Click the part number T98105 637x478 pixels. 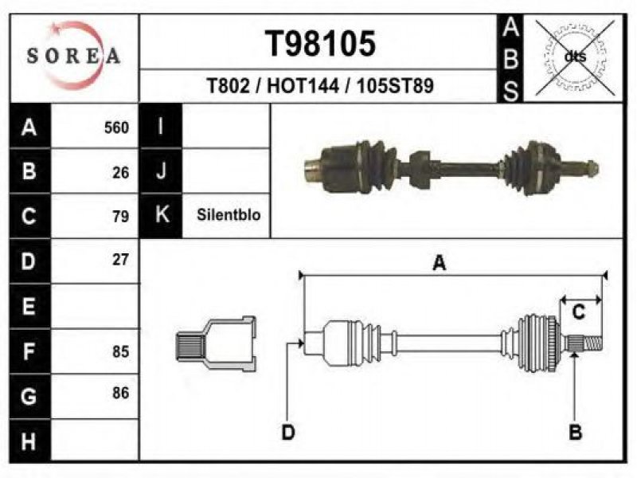pyautogui.click(x=320, y=44)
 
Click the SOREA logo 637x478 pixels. pyautogui.click(x=73, y=56)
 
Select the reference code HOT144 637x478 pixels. pyautogui.click(x=303, y=86)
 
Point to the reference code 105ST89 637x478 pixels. pyautogui.click(x=395, y=86)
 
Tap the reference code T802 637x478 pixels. pyautogui.click(x=228, y=86)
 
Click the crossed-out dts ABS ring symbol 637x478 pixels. pyautogui.click(x=575, y=57)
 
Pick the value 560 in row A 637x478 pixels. pyautogui.click(x=116, y=127)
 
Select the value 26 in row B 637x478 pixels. pyautogui.click(x=121, y=173)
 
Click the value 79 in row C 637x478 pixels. pyautogui.click(x=121, y=216)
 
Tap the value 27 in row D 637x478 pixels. pyautogui.click(x=121, y=260)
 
